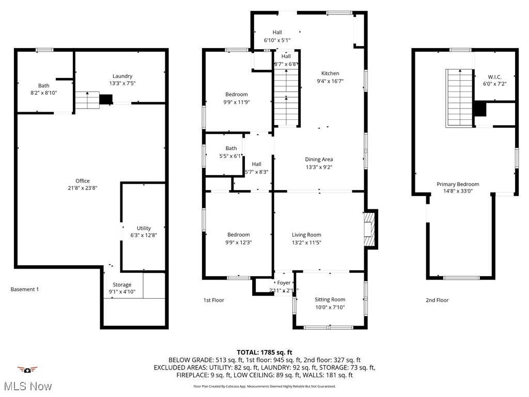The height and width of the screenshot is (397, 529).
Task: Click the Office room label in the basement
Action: coord(83,181)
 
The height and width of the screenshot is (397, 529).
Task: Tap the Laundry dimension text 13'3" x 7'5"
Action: coord(122,83)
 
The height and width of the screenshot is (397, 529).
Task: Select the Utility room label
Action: coord(144,228)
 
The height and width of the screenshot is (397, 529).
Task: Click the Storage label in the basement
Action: coord(122,285)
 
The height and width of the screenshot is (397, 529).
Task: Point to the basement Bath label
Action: coord(44,86)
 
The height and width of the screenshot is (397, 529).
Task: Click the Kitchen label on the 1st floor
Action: coord(330,73)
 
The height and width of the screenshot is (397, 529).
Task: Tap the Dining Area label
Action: coord(319,160)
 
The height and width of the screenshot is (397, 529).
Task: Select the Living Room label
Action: coord(306,235)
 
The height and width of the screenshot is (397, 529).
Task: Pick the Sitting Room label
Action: coord(330,300)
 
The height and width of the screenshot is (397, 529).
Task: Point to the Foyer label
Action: coord(284,283)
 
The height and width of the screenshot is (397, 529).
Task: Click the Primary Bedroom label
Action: coord(458,184)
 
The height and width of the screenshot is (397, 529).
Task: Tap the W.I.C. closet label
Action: coord(492,77)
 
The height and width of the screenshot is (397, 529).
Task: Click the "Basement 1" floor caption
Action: coord(25,289)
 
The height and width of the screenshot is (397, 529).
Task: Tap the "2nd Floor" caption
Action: coord(437,300)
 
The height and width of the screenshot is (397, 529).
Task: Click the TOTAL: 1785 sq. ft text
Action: coord(264,352)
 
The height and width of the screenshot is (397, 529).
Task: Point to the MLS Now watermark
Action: coord(27,386)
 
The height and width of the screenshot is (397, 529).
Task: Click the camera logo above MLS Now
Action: coord(27,370)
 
